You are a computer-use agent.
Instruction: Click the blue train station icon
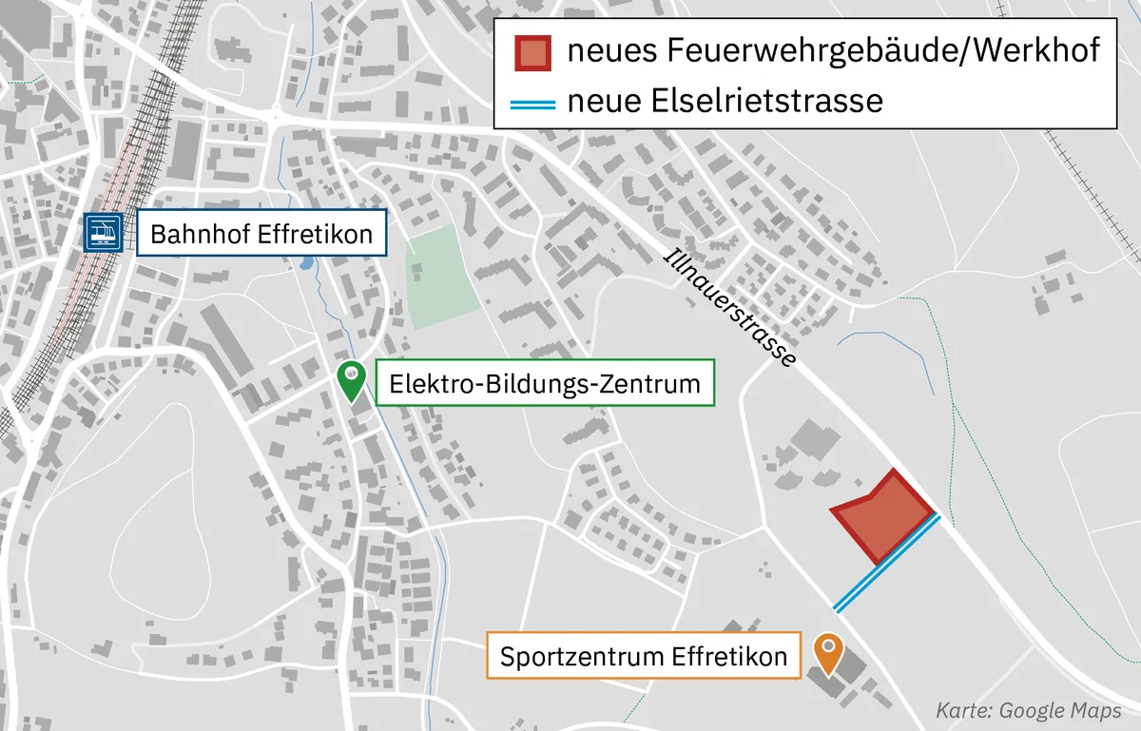click(103, 232)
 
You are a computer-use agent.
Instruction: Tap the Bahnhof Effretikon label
click(261, 234)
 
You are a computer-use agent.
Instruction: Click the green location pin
click(351, 382)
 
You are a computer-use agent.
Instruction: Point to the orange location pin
click(828, 653)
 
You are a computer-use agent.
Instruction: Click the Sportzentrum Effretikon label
click(644, 657)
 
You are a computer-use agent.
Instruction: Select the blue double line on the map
click(887, 563)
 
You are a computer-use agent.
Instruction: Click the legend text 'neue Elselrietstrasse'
click(725, 100)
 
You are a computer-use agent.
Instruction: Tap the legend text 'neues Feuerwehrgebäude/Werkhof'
click(834, 51)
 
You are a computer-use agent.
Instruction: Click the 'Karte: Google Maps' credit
click(1029, 710)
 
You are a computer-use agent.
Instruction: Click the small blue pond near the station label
click(304, 263)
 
